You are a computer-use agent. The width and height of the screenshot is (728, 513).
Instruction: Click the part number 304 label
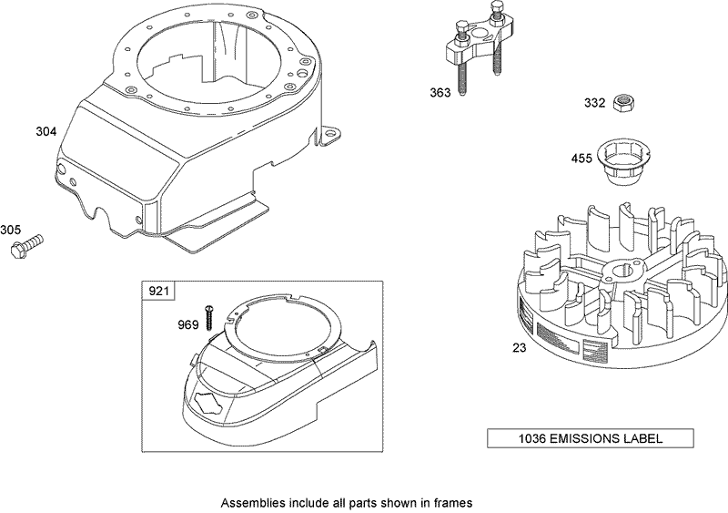[45, 131]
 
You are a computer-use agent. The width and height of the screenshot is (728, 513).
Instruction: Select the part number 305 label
[11, 229]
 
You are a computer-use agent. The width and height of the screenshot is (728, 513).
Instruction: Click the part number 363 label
[441, 92]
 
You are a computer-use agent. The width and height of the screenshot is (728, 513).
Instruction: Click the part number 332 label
[594, 103]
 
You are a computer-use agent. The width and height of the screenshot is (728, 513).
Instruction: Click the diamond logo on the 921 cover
[211, 406]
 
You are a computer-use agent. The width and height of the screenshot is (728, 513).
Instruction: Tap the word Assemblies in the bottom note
[252, 501]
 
